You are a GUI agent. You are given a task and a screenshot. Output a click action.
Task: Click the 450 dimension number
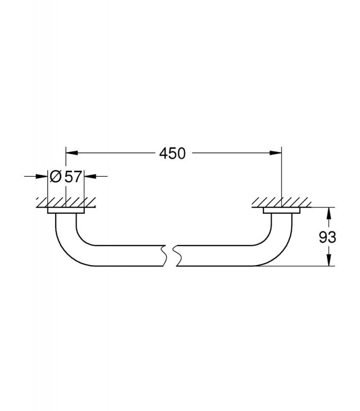[x=172, y=153]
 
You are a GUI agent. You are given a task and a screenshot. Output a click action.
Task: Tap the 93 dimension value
[x=327, y=237]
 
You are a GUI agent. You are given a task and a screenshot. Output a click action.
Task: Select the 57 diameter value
[x=73, y=176]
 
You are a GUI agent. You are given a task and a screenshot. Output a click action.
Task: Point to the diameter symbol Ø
[x=56, y=176]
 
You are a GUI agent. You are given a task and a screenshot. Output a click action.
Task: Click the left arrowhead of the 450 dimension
[x=71, y=153]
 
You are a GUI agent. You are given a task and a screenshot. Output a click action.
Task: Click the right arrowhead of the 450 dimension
[x=276, y=153]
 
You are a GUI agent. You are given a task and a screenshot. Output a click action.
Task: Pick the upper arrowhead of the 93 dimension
[x=329, y=213]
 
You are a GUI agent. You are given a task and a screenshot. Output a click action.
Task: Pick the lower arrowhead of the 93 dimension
[x=329, y=260]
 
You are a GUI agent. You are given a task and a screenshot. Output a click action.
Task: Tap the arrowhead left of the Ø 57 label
[x=42, y=176]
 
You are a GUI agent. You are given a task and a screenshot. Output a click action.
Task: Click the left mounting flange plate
[x=66, y=211]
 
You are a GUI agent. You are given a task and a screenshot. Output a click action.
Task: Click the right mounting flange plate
[x=281, y=211]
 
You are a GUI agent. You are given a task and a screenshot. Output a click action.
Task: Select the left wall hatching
[x=66, y=202]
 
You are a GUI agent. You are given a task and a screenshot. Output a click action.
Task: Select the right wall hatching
[x=281, y=202]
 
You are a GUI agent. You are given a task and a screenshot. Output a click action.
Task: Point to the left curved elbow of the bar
[x=69, y=245]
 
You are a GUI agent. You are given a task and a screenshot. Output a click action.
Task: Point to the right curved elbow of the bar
[x=279, y=245]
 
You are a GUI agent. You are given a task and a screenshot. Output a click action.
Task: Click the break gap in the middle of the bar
[x=171, y=256]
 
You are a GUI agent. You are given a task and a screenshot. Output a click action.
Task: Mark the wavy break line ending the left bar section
[x=164, y=256]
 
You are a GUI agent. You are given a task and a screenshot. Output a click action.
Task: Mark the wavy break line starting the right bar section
[x=177, y=256]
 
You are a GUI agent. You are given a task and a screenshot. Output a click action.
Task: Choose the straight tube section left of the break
[x=129, y=256]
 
